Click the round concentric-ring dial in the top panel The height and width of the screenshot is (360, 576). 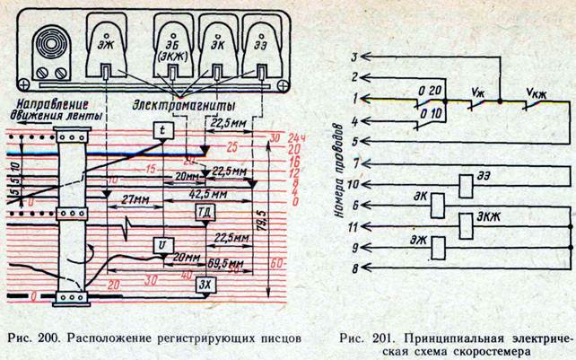click(x=46, y=46)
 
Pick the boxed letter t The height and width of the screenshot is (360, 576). click(x=161, y=132)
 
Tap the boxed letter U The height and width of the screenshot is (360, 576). click(x=161, y=245)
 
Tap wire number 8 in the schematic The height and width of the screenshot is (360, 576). click(x=356, y=268)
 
